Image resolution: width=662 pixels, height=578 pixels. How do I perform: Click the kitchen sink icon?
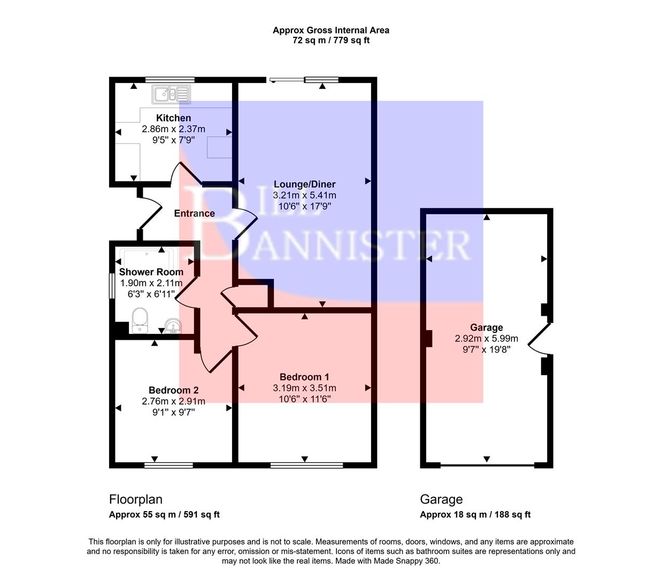(x=171, y=94)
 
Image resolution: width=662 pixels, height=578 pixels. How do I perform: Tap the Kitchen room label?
(x=173, y=118)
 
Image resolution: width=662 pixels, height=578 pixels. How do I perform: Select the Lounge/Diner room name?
(x=304, y=184)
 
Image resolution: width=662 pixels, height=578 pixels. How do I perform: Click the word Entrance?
(x=195, y=213)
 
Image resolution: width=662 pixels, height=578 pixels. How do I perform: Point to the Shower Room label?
(x=151, y=272)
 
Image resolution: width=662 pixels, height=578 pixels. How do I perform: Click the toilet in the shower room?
(x=140, y=320)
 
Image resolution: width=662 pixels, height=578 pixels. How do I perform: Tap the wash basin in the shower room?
(x=172, y=326)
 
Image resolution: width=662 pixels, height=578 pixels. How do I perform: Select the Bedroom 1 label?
(x=304, y=377)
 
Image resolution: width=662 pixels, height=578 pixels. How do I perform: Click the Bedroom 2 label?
(x=173, y=390)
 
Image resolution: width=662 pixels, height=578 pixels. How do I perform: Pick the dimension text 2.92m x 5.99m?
(x=486, y=338)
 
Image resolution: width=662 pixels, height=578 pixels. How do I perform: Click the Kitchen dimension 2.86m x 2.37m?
(x=173, y=129)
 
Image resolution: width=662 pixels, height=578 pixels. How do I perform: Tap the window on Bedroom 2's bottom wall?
(x=168, y=465)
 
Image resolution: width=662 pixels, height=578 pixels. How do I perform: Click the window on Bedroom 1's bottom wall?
(x=306, y=465)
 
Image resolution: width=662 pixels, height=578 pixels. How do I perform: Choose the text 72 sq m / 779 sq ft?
(x=331, y=40)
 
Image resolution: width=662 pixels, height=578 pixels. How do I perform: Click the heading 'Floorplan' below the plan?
(x=136, y=499)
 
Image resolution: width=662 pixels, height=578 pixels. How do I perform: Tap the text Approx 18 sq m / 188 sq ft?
(x=475, y=515)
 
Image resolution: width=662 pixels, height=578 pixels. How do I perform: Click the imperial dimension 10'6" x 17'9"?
(x=304, y=206)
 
